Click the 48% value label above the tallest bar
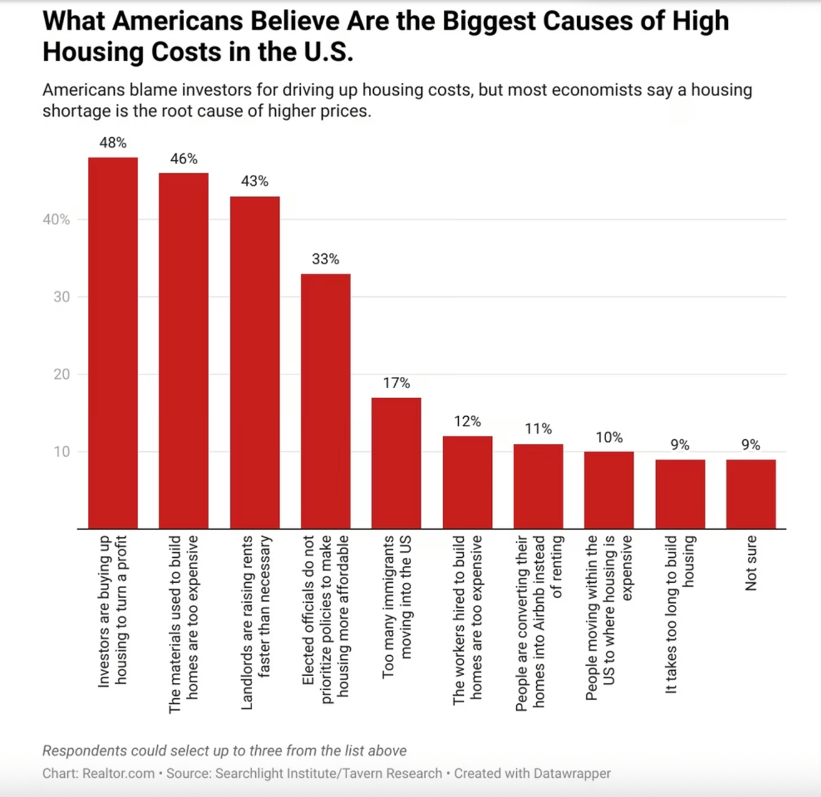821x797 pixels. (113, 143)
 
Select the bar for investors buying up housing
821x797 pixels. (113, 343)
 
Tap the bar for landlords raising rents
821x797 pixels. (255, 362)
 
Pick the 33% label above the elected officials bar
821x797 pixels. (325, 259)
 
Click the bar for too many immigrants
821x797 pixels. (396, 463)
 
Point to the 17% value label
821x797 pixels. (396, 383)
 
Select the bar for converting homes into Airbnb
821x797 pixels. (538, 486)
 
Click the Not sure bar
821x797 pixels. (751, 494)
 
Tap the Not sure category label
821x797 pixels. (751, 563)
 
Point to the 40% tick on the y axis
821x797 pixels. (56, 220)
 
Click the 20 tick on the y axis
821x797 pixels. (62, 374)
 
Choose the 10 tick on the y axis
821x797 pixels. (62, 451)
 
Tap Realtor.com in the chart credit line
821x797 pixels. (119, 773)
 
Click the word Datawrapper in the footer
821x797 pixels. (572, 773)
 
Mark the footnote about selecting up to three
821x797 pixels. (224, 751)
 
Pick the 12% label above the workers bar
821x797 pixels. (467, 421)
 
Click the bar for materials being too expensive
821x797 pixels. (183, 351)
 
